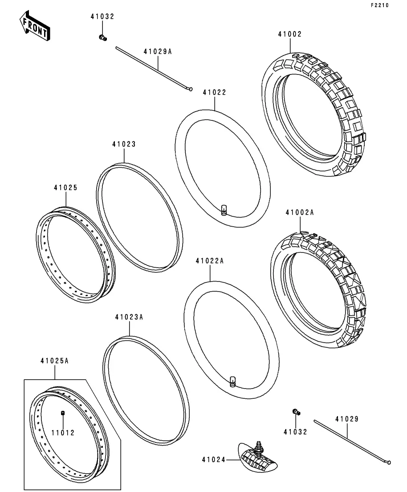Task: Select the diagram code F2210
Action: [380, 5]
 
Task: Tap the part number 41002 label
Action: [290, 34]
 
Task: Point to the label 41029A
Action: [158, 51]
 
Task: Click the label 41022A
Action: [210, 261]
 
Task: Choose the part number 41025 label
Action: [65, 188]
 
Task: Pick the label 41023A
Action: [129, 317]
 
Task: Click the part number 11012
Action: [63, 433]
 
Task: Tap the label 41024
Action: [214, 460]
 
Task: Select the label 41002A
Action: [300, 212]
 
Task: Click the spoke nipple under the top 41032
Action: [102, 37]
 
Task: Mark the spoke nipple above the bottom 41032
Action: [296, 412]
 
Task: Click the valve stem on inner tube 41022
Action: [224, 210]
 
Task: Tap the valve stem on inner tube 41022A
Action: [232, 381]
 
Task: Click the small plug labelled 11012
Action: [63, 413]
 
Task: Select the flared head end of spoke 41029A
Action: [190, 89]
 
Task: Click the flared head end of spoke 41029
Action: [389, 462]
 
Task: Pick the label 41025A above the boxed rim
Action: [54, 361]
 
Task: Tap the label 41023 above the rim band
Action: [124, 145]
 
